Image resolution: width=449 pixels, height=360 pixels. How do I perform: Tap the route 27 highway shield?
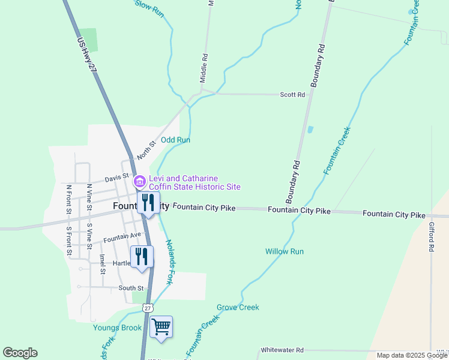[x=148, y=308]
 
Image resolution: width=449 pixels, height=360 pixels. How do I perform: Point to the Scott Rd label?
[x=293, y=95]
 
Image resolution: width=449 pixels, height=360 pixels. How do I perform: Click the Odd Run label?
[x=175, y=140]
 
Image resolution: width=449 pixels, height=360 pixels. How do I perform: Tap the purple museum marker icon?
[x=139, y=181]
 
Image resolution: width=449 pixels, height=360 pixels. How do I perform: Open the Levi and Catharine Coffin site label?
[x=194, y=182]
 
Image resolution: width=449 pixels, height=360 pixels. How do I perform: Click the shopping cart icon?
[x=161, y=327]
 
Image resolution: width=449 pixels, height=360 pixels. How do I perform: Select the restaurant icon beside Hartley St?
[x=142, y=256]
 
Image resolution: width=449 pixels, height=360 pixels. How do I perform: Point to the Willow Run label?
[x=285, y=251]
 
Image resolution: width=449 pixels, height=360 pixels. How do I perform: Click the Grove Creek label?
[x=238, y=307]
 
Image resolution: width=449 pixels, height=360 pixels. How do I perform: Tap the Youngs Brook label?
[x=118, y=328]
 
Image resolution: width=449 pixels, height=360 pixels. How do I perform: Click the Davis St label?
[x=117, y=178]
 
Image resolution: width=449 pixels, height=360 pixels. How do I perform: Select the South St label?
[x=131, y=289]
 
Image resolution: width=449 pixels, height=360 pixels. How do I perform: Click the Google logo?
[x=20, y=353]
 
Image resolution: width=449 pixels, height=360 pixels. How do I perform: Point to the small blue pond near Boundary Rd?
[x=310, y=129]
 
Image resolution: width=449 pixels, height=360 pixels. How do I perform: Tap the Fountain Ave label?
[x=122, y=238]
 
